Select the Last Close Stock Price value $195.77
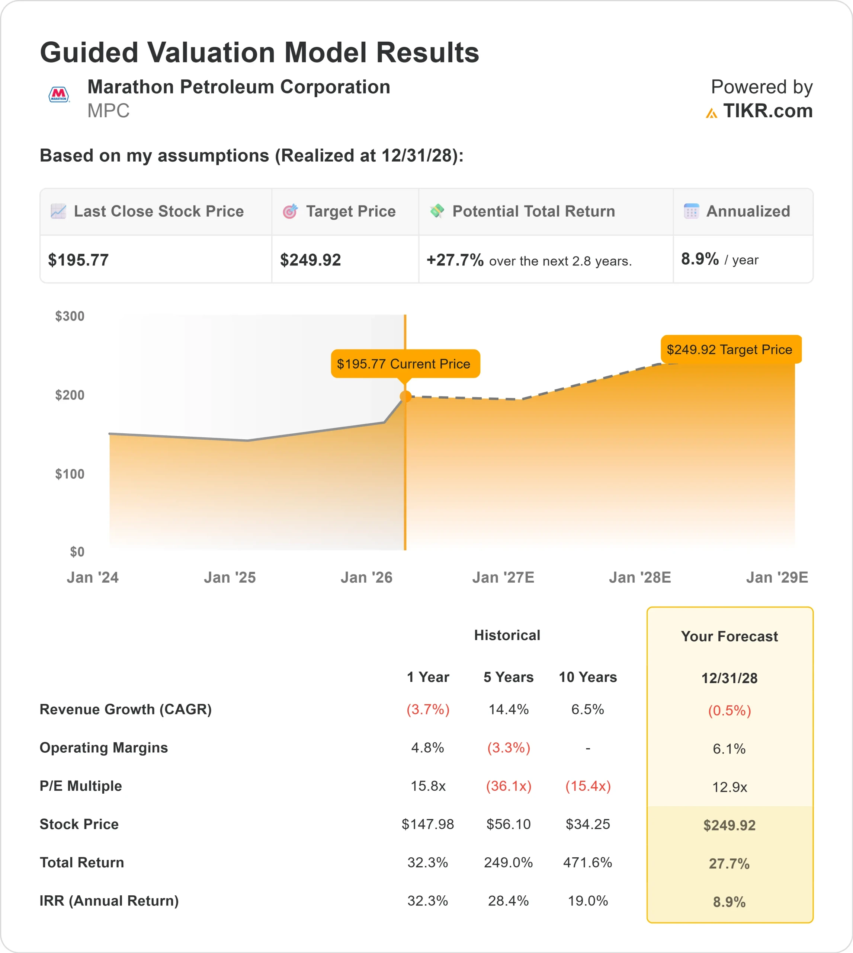pos(78,260)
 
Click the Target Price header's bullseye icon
pos(290,211)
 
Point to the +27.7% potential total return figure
pos(455,260)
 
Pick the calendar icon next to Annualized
pos(691,211)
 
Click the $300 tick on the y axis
pos(70,316)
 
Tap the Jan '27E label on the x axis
pos(503,577)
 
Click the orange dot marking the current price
pos(405,397)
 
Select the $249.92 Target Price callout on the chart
pos(730,350)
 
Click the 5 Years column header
pos(509,677)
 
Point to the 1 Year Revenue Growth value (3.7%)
pos(428,709)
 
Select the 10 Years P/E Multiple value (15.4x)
pos(588,785)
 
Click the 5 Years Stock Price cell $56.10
pos(509,824)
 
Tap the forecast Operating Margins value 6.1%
pos(729,749)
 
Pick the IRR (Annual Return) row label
pos(109,901)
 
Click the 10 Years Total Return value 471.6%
pos(588,862)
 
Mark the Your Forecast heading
pos(729,637)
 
